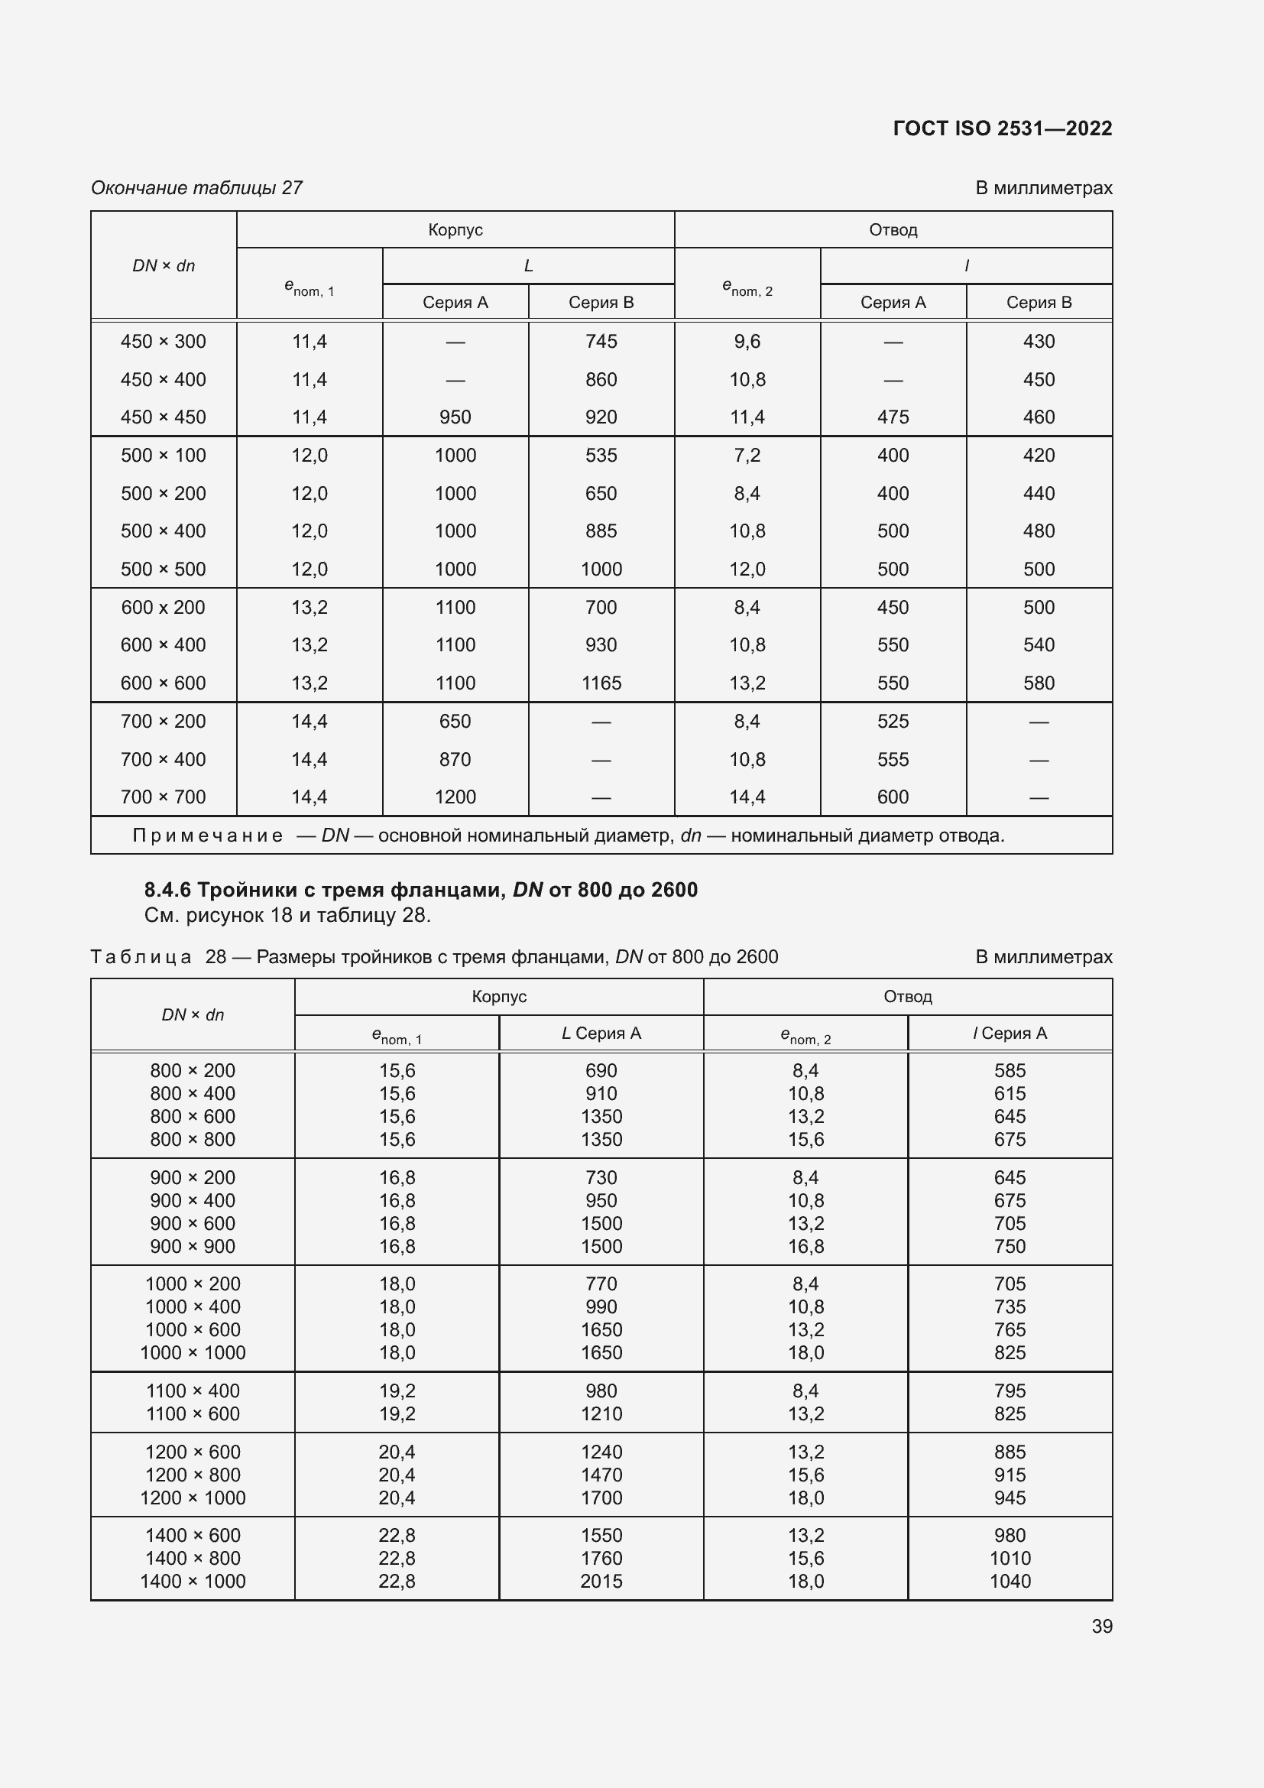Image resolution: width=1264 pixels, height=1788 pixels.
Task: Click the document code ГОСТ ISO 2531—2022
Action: (1002, 128)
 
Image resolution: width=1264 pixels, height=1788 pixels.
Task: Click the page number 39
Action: (1101, 1626)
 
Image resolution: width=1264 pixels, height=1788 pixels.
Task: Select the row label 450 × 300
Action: (164, 341)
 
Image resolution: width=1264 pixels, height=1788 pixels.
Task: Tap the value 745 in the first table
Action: (601, 341)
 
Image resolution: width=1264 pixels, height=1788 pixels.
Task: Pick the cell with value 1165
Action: (601, 683)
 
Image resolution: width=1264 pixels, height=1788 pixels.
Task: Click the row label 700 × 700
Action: (164, 797)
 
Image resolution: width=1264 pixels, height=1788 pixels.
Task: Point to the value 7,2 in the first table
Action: (747, 455)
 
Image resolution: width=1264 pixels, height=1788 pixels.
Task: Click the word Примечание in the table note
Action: (207, 836)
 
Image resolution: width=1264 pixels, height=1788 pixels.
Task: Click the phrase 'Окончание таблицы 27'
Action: (197, 188)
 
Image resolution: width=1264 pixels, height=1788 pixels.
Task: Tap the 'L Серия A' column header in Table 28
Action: (601, 1034)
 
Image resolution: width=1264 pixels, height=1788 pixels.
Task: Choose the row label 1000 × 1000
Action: (193, 1353)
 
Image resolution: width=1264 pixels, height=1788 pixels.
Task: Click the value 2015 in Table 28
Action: (601, 1581)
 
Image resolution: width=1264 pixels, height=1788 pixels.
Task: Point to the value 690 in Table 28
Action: (601, 1071)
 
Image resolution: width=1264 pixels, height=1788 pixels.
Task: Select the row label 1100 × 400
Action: (193, 1390)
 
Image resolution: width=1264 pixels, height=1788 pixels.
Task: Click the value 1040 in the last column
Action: (1010, 1581)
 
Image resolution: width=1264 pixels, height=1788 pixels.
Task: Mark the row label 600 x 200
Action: (164, 608)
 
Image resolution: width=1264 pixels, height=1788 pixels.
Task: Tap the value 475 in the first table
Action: (893, 417)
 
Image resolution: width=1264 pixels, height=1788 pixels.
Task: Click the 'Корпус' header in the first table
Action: (455, 230)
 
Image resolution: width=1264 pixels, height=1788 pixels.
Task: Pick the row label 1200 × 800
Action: (193, 1475)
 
